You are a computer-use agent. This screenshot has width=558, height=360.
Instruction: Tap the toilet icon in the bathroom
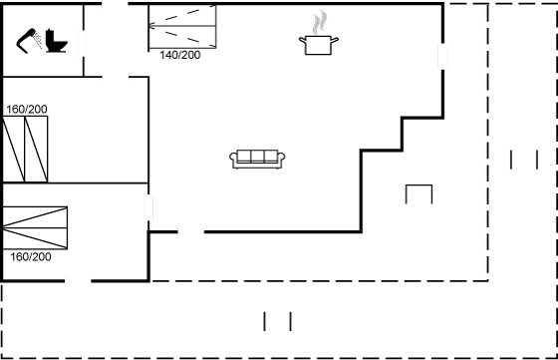(x=56, y=42)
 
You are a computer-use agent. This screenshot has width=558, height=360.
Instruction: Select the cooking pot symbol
(x=319, y=45)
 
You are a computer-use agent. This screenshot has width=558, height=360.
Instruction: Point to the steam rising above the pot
(x=320, y=22)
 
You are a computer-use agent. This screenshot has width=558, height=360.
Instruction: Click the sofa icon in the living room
(x=257, y=159)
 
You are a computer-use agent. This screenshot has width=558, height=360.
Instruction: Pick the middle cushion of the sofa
(x=257, y=156)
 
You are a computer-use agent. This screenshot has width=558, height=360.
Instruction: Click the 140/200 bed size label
(x=180, y=55)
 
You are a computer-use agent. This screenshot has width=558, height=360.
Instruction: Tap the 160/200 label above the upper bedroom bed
(x=27, y=110)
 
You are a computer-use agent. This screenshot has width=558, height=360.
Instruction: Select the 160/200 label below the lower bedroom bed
(x=31, y=256)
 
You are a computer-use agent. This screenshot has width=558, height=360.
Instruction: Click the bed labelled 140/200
(x=182, y=26)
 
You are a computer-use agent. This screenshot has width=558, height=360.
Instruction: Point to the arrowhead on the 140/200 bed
(x=151, y=26)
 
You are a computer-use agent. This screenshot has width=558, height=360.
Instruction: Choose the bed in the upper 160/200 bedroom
(x=25, y=149)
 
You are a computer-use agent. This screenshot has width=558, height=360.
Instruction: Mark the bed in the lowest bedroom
(x=35, y=228)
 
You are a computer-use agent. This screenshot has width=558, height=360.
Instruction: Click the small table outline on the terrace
(x=418, y=185)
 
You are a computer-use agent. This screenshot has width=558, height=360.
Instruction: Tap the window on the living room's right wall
(x=442, y=56)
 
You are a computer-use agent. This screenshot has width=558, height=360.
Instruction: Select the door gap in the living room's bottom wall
(x=191, y=231)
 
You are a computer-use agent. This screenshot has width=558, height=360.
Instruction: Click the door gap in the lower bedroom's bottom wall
(x=78, y=281)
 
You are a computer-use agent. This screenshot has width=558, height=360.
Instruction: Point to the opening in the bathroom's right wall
(x=83, y=44)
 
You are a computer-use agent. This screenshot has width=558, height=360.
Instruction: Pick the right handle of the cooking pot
(x=335, y=40)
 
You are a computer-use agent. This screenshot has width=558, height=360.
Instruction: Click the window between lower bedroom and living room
(x=148, y=207)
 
